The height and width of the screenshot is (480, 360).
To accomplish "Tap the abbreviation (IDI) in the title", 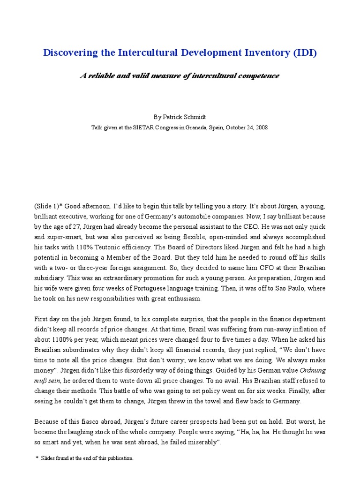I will pyautogui.click(x=305, y=53).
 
